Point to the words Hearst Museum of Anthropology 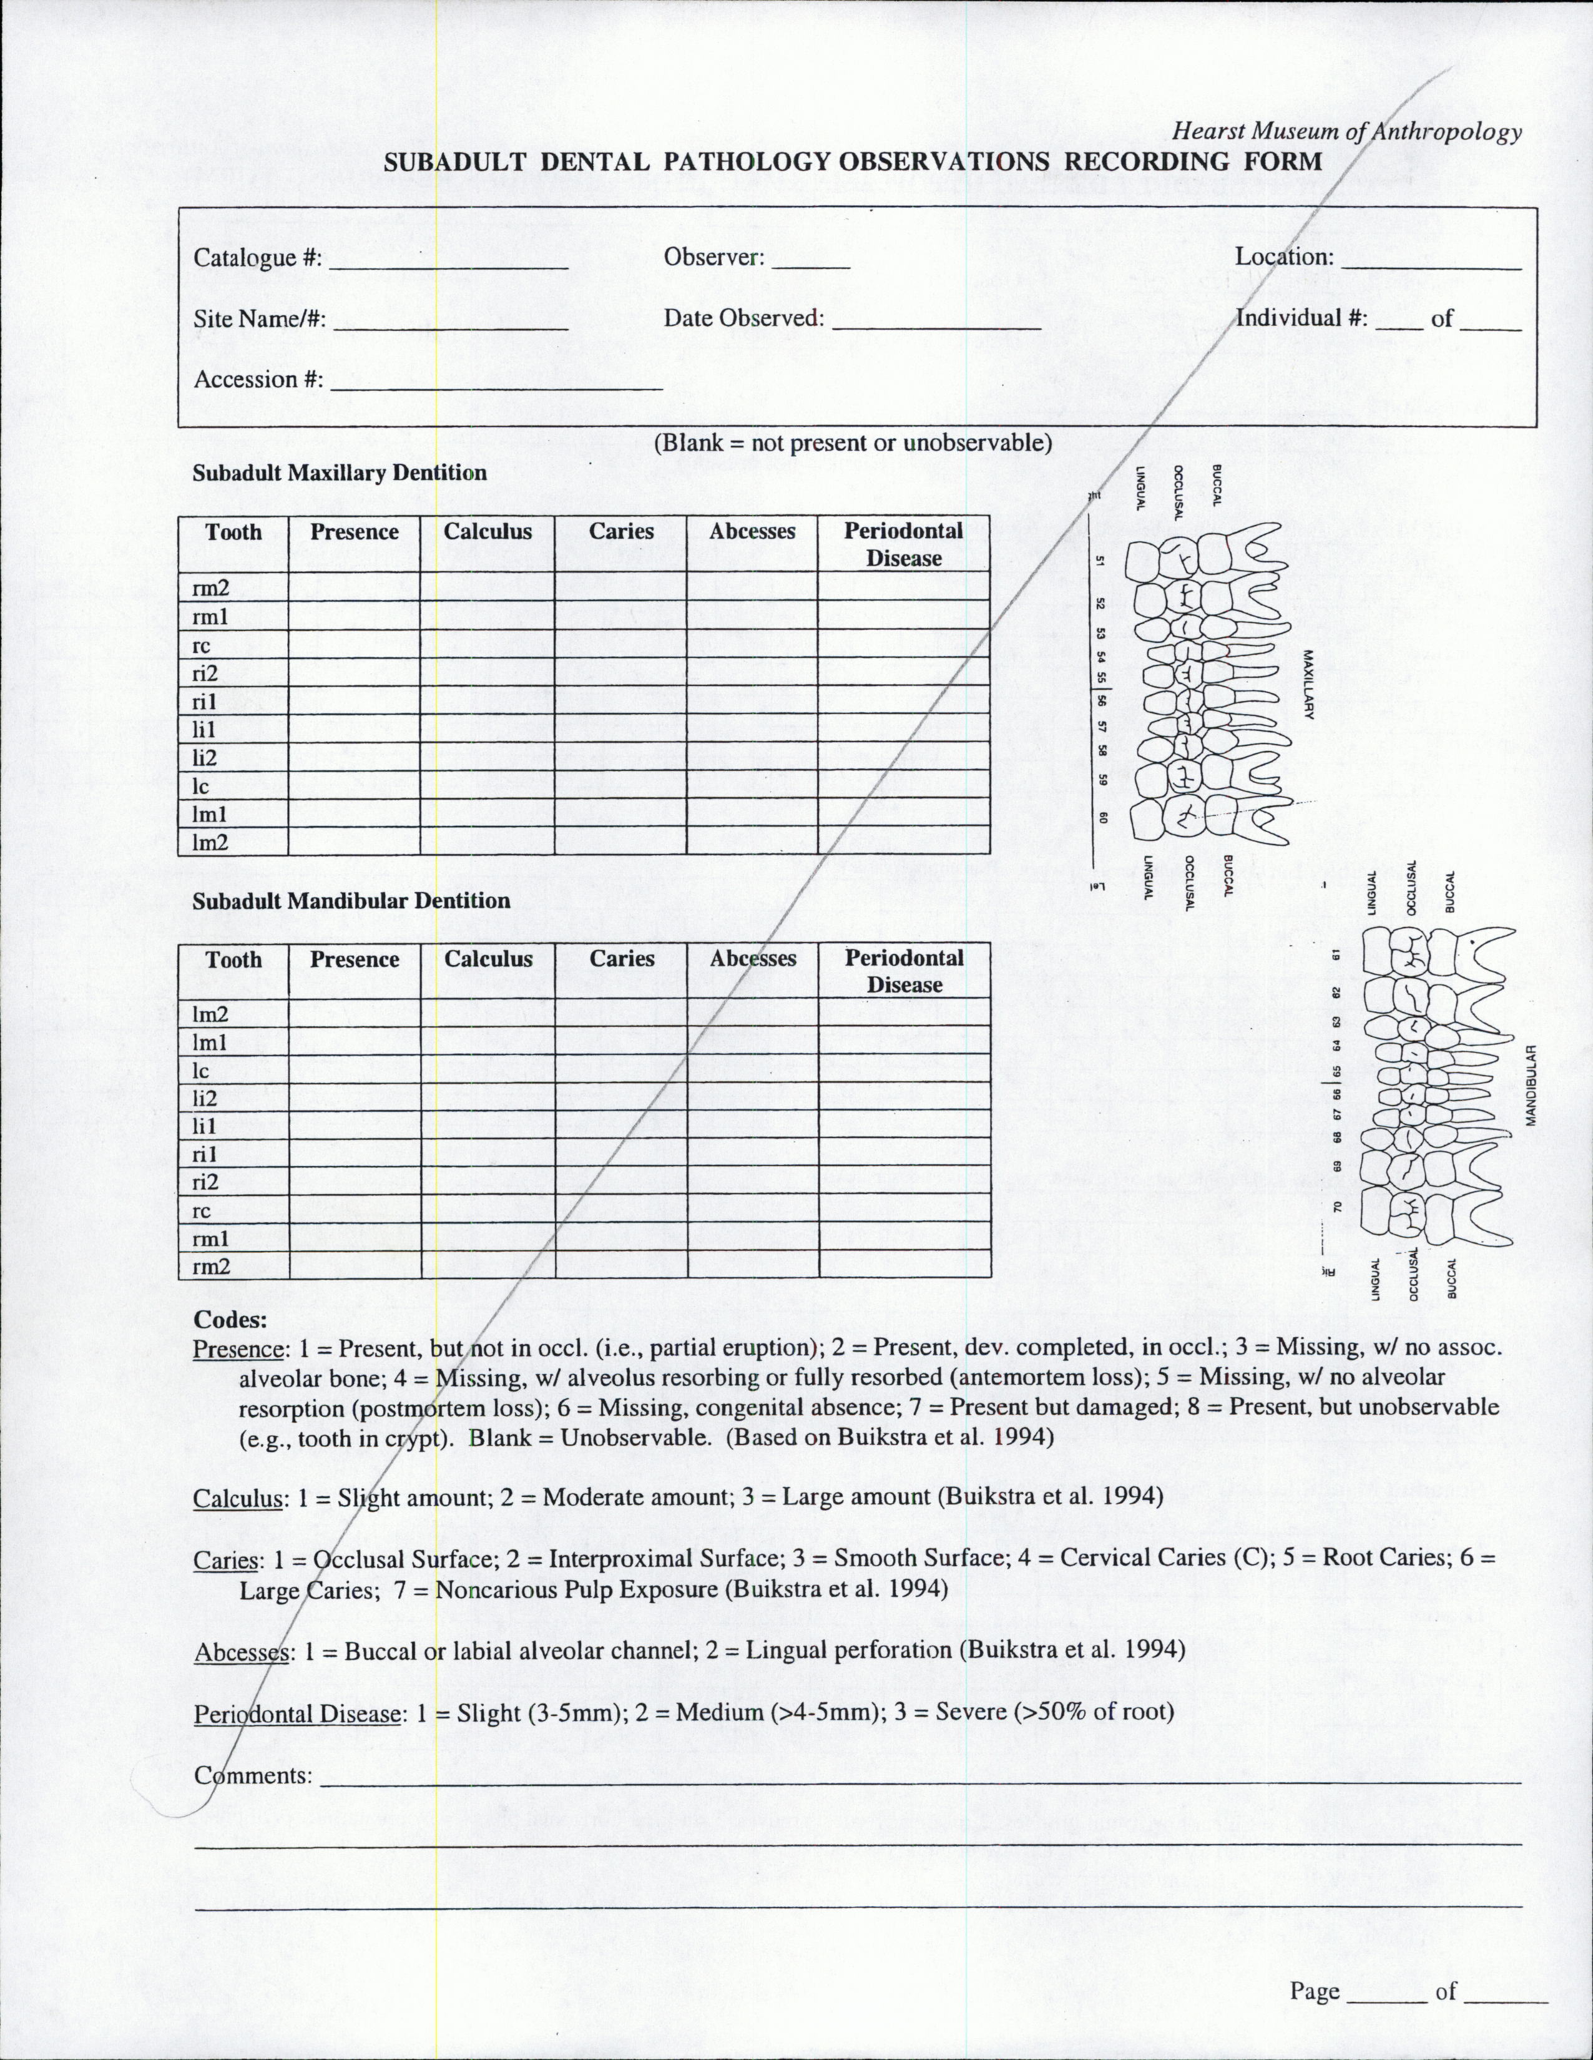click(x=1348, y=132)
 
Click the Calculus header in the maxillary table click(x=488, y=532)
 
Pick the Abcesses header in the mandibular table click(x=753, y=959)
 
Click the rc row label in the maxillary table click(x=201, y=646)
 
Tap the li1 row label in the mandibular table click(x=205, y=1126)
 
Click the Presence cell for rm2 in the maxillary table click(x=354, y=587)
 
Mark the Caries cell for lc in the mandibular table click(x=620, y=1071)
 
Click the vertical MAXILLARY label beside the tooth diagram click(x=1308, y=684)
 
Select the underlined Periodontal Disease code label click(x=298, y=1714)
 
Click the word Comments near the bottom click(x=253, y=1776)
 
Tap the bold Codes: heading click(x=230, y=1320)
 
